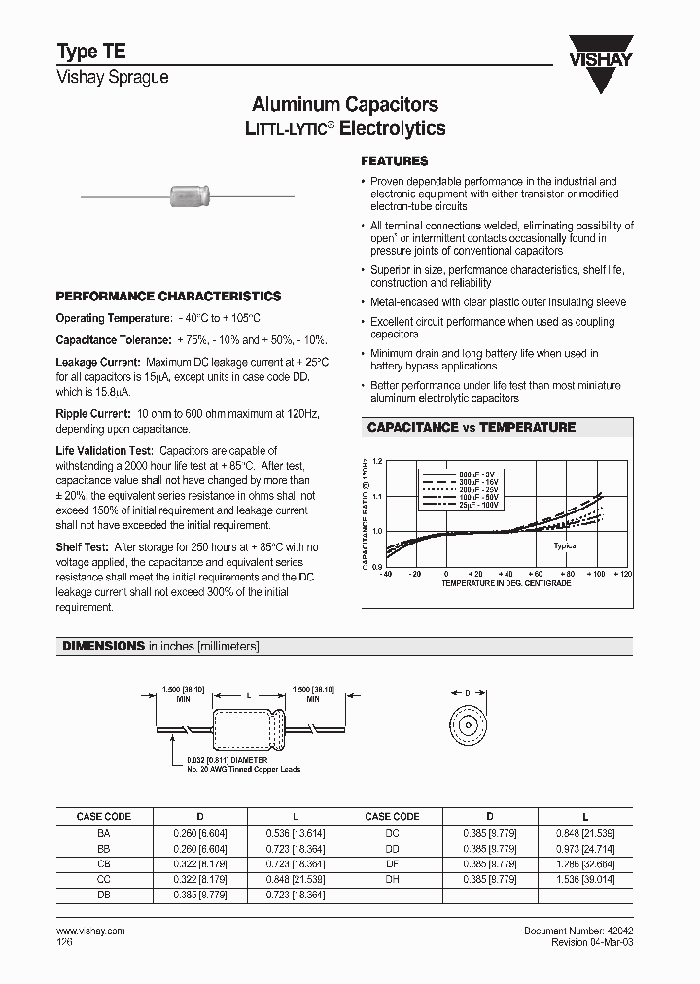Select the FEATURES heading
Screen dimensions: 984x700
[394, 161]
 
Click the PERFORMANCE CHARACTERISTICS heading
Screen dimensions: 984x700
[168, 296]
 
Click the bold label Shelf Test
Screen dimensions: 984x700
[84, 547]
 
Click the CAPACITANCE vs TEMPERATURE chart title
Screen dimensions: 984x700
[471, 427]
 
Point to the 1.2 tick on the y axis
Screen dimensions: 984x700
[378, 461]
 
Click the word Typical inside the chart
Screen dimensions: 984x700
[566, 545]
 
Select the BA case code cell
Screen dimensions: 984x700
[103, 833]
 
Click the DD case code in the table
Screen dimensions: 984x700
[392, 847]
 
